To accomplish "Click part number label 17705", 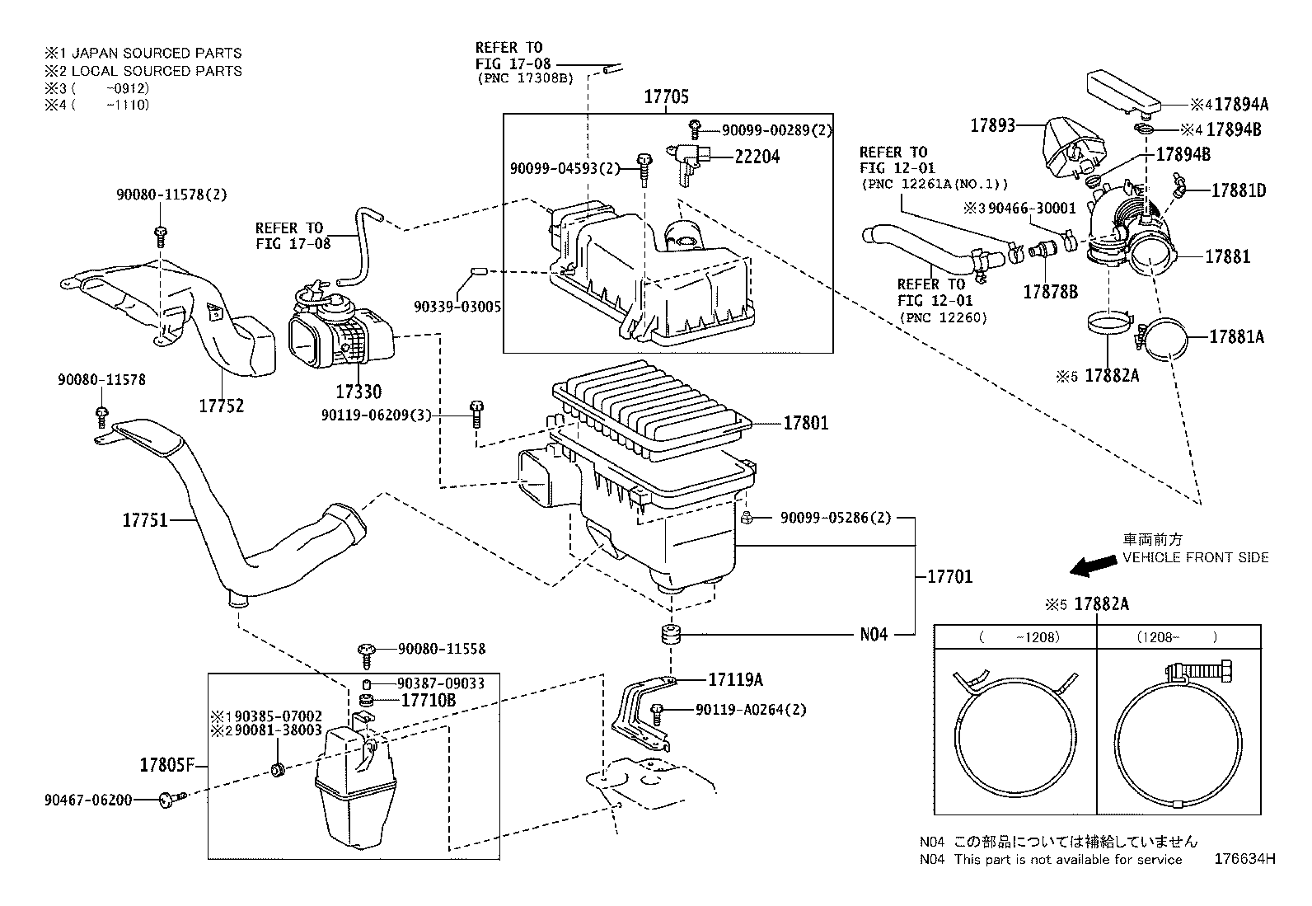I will pyautogui.click(x=666, y=97).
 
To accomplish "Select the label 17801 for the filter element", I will pyautogui.click(x=805, y=423).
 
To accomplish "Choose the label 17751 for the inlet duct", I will pyautogui.click(x=145, y=520).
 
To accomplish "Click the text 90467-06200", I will pyautogui.click(x=88, y=799).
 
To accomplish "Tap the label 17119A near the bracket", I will pyautogui.click(x=735, y=679).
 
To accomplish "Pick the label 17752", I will pyautogui.click(x=221, y=406).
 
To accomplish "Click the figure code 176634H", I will pyautogui.click(x=1244, y=859).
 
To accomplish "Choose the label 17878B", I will pyautogui.click(x=1051, y=291).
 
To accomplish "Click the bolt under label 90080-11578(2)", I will pyautogui.click(x=160, y=235).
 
